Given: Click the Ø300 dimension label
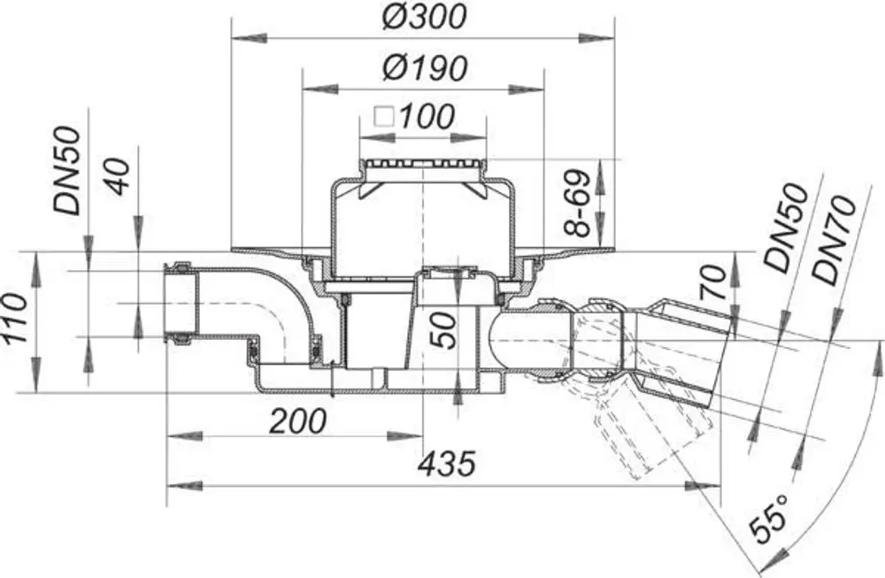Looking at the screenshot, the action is [x=424, y=16].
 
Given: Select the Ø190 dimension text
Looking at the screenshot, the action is [x=424, y=68].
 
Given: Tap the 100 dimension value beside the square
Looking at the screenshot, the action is [x=427, y=116].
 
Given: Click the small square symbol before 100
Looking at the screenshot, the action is [x=385, y=117].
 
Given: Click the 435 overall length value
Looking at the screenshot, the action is [x=447, y=464].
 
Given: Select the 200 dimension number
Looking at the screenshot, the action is [x=297, y=421].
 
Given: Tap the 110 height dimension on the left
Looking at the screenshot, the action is [x=14, y=318].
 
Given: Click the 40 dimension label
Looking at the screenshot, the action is [x=118, y=177].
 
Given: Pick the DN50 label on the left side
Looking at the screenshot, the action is [x=68, y=171].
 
